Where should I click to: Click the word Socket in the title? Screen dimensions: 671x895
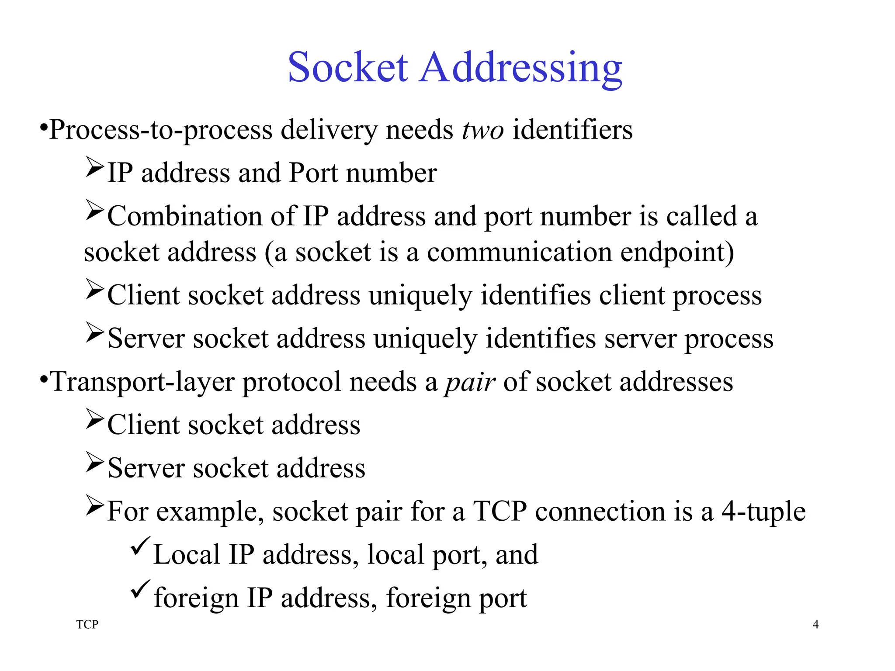[348, 67]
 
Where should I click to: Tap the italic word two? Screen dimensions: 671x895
[482, 130]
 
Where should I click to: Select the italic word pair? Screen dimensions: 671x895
[470, 383]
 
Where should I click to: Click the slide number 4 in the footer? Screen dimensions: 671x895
[815, 624]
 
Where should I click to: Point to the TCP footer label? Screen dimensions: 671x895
[87, 624]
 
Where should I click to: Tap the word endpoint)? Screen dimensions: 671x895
[677, 252]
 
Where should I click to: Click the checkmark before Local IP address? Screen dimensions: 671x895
[141, 546]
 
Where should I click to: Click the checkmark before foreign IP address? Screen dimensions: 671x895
[141, 589]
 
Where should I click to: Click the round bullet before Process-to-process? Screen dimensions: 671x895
[43, 128]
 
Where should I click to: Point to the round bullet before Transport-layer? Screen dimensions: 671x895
[43, 380]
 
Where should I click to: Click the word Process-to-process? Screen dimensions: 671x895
[161, 130]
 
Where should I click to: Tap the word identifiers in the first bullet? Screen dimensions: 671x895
[572, 130]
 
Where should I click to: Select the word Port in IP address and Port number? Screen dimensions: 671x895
[313, 173]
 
